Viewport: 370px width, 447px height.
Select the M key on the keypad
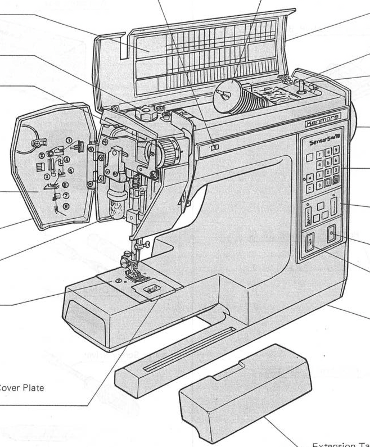coord(310,179)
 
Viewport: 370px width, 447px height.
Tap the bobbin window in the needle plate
coord(151,288)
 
